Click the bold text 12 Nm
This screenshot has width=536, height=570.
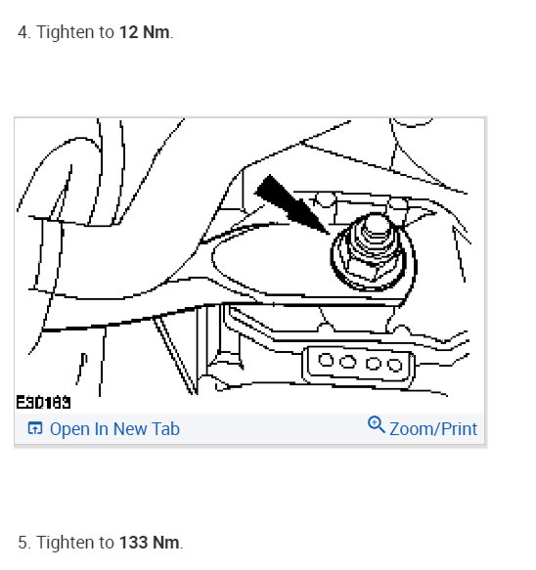pos(144,32)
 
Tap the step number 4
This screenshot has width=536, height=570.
pos(22,32)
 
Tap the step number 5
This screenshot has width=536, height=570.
pos(22,542)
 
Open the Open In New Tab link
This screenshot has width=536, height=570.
pos(113,428)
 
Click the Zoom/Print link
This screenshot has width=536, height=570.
pos(432,428)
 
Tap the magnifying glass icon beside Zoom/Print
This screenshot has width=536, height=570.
pos(376,425)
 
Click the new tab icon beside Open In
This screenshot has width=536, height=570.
pos(35,428)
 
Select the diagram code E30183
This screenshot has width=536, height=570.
pos(43,401)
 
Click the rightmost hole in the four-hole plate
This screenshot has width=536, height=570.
pos(394,366)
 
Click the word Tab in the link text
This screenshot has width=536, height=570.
pos(164,428)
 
